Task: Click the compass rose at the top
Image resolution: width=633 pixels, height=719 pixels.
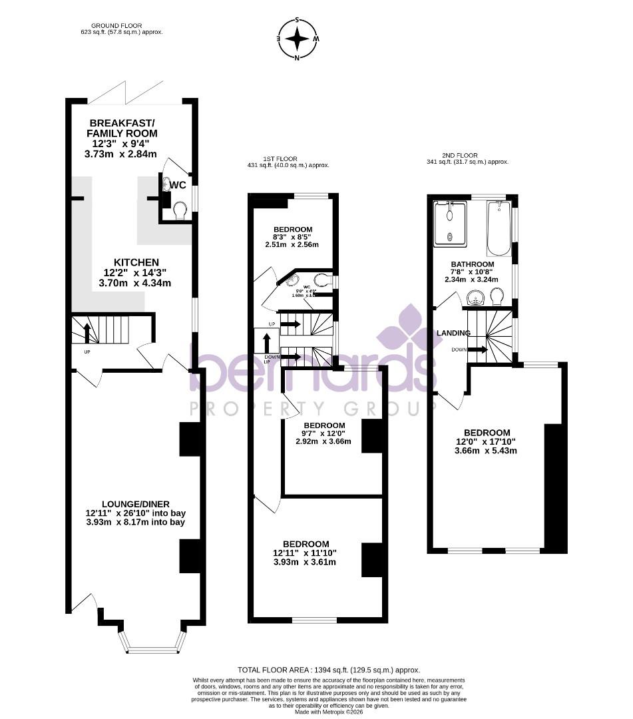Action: (x=298, y=39)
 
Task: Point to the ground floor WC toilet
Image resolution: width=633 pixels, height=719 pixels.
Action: (x=179, y=210)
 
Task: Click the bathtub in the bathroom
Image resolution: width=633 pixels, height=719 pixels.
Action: (x=498, y=228)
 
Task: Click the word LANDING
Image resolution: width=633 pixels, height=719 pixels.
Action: (x=453, y=333)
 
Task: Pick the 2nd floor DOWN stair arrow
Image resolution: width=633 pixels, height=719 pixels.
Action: (x=477, y=349)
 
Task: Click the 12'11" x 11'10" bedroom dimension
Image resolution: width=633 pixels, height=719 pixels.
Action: (x=306, y=553)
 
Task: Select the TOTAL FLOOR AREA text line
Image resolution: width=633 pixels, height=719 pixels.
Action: (x=329, y=670)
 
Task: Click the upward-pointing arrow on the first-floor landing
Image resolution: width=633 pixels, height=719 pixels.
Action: (x=266, y=343)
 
